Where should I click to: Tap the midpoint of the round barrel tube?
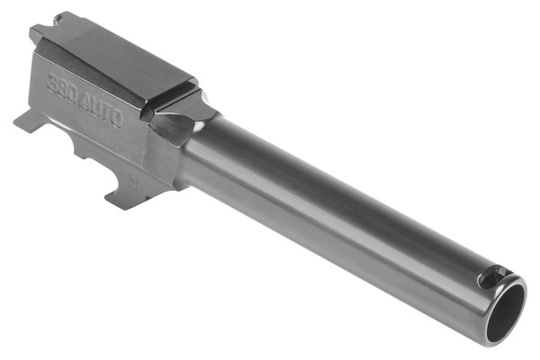coord(342,216)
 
